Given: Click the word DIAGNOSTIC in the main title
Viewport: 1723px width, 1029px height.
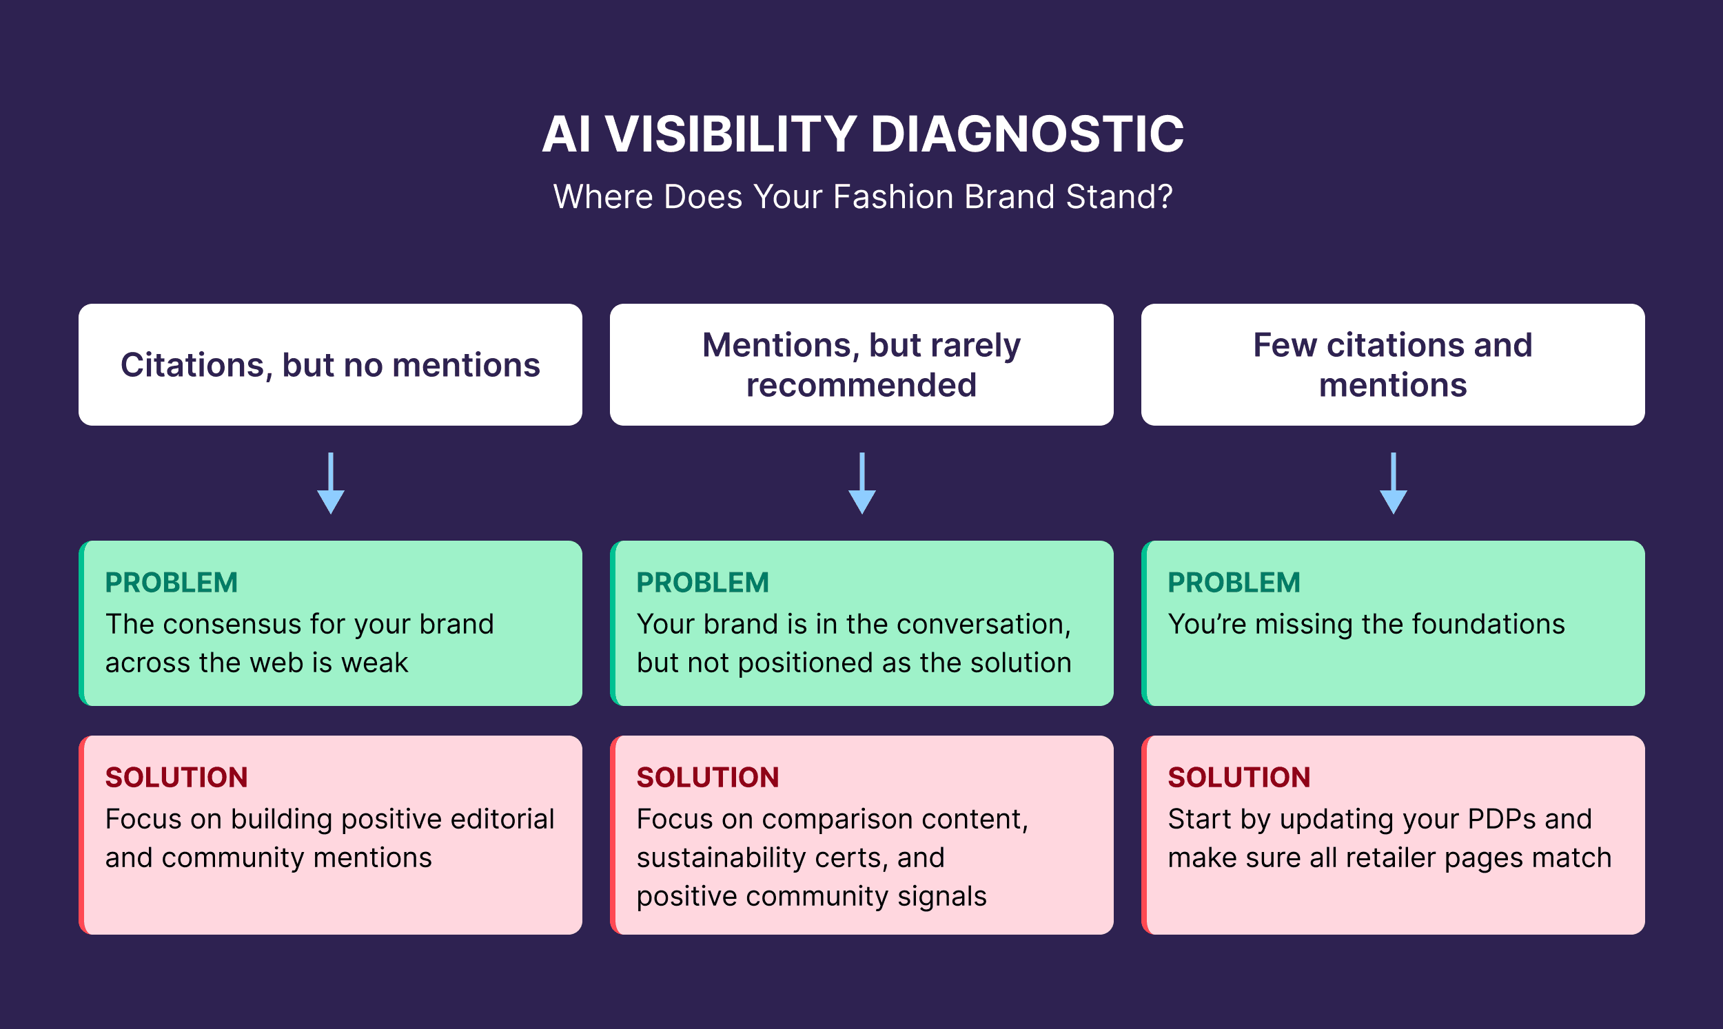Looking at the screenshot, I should [1027, 134].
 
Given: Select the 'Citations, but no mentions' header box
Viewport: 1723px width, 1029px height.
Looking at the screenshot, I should [330, 365].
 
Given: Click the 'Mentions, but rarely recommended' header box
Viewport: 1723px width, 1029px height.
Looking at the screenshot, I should [861, 365].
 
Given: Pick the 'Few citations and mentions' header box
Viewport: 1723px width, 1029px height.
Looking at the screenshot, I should [1393, 365].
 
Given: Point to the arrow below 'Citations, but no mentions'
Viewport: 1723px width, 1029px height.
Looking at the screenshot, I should [331, 485].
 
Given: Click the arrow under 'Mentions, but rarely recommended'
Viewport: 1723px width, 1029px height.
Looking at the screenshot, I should [861, 485].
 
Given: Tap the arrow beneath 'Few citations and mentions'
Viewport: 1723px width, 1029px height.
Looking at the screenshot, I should [1393, 485].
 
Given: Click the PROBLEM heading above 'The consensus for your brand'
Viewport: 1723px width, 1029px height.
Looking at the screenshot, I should [172, 583].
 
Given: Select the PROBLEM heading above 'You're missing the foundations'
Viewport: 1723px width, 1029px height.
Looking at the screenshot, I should [1234, 583].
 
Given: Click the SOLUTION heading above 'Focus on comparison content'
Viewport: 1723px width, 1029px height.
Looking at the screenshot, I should [708, 778].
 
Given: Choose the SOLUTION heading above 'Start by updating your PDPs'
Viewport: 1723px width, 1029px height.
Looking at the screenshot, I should [1239, 778].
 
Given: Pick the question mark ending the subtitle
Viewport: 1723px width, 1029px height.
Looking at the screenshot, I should [1165, 197].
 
